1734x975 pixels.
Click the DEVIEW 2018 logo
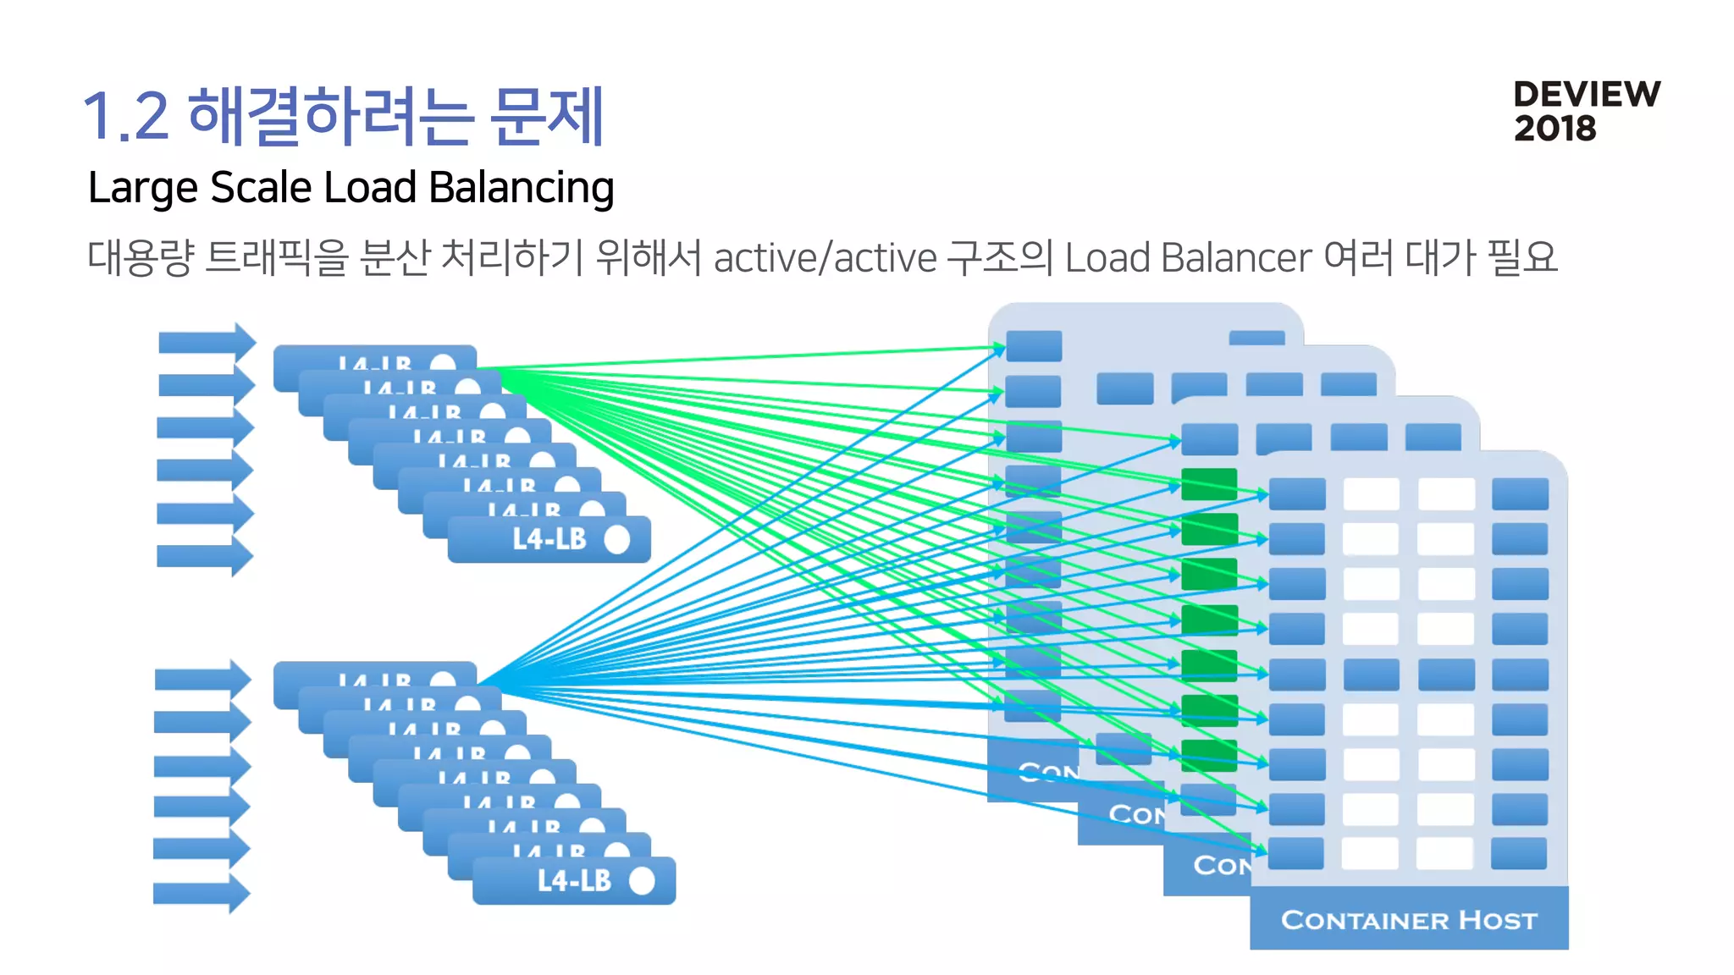tap(1586, 111)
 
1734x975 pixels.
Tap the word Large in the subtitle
tap(142, 187)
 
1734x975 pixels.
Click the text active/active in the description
tap(825, 257)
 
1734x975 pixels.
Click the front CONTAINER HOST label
tap(1409, 919)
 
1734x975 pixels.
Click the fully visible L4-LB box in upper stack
tap(549, 539)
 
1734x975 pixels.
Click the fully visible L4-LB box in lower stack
tap(573, 880)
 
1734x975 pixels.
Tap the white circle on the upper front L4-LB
tap(617, 539)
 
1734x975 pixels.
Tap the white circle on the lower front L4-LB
tap(643, 880)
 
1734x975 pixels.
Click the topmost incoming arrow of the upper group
tap(206, 342)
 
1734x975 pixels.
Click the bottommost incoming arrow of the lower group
tap(201, 893)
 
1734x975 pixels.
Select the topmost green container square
tap(1209, 484)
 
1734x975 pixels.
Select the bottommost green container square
tap(1209, 755)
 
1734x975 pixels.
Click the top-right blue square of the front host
tap(1520, 494)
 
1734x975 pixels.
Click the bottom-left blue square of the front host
tap(1295, 853)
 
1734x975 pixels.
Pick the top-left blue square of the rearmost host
tap(1034, 346)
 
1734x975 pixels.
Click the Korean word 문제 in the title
tap(548, 116)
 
